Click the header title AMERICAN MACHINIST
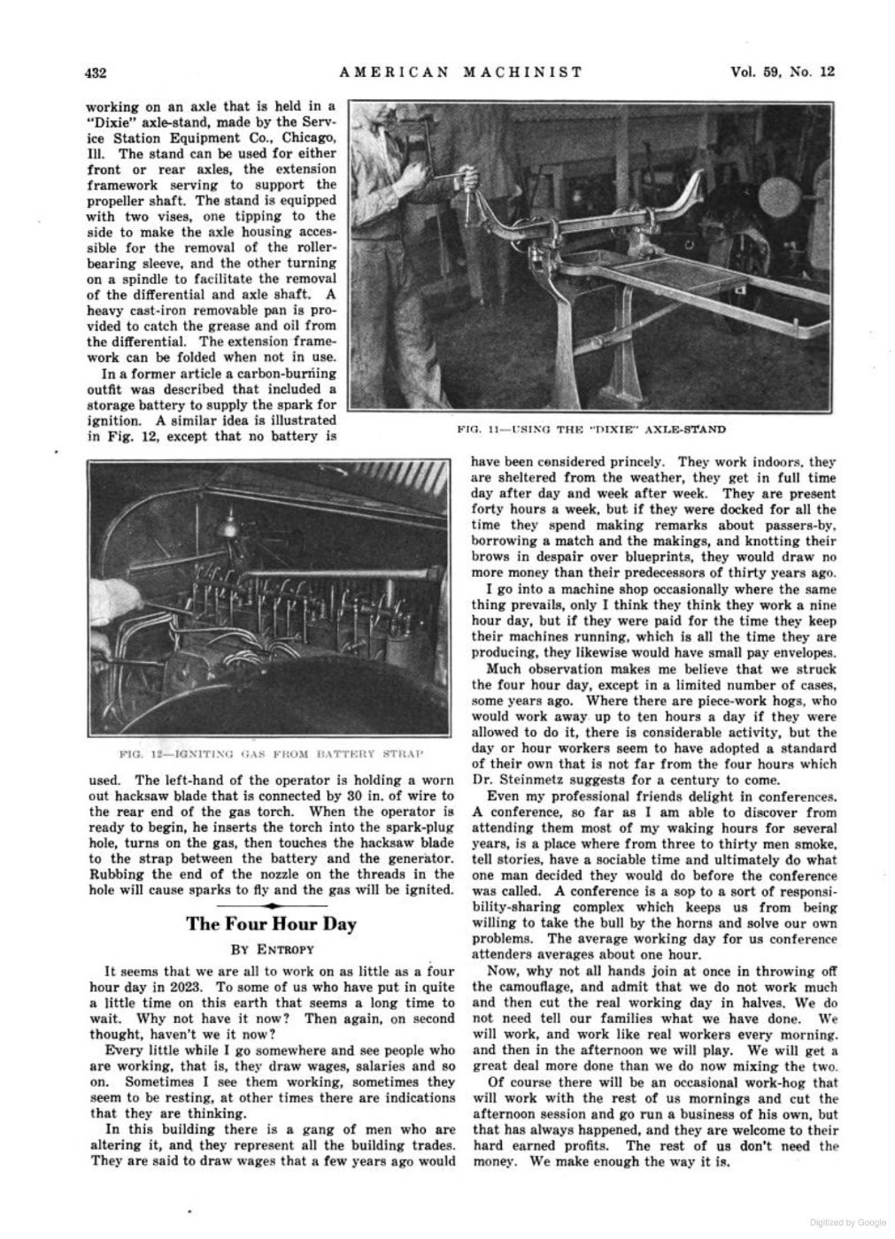point(461,72)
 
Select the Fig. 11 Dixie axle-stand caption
point(590,429)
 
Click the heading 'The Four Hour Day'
point(271,924)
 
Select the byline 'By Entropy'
point(271,950)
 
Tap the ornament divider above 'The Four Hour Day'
point(271,905)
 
